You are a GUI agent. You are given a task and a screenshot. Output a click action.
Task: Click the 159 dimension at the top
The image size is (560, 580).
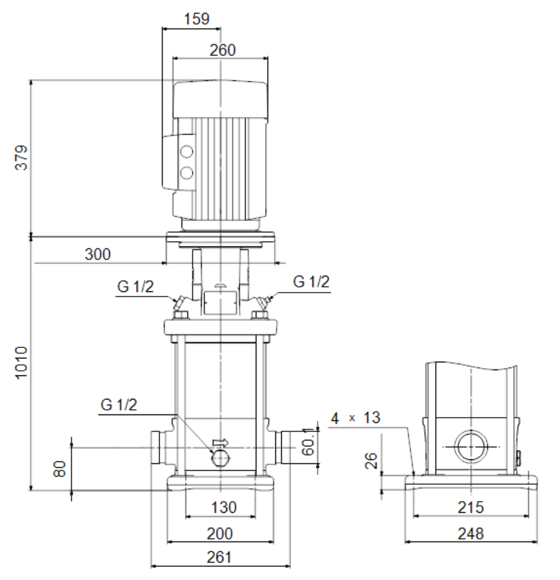point(197,19)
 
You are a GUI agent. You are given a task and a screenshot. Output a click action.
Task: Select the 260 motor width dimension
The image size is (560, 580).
point(223,50)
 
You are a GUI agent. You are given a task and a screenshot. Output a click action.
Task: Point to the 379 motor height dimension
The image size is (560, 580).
point(21,158)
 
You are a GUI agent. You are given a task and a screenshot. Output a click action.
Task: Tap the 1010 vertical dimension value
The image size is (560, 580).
point(21,362)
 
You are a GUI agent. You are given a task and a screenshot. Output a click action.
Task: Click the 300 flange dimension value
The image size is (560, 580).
point(98,255)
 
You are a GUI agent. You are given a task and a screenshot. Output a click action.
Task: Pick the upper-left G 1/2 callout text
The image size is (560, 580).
point(135,287)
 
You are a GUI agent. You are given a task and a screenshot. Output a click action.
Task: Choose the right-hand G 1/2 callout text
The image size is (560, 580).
point(311,282)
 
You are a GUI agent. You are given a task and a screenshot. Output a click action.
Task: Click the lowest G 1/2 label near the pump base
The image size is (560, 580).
point(119,405)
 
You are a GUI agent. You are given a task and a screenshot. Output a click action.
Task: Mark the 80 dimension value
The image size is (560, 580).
point(60,469)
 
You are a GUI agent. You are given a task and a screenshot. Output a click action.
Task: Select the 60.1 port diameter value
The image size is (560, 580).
point(307,442)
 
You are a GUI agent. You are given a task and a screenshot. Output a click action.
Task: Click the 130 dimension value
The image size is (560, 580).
point(224,508)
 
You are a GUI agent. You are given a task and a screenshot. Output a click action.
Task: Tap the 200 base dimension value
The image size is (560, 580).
point(220,534)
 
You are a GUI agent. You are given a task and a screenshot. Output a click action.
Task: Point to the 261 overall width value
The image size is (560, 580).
point(219,557)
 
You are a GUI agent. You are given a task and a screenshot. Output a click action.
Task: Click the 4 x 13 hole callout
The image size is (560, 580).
point(356,418)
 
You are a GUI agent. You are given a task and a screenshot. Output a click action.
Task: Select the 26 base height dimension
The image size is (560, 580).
point(371,461)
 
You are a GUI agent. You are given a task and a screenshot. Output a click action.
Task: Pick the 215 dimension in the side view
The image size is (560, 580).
point(471,508)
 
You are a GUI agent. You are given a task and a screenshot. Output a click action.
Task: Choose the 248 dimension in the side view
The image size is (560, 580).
point(471,534)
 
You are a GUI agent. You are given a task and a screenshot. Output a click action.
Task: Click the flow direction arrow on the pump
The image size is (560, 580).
point(221,442)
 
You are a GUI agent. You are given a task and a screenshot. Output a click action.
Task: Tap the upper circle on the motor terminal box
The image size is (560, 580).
point(187,152)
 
